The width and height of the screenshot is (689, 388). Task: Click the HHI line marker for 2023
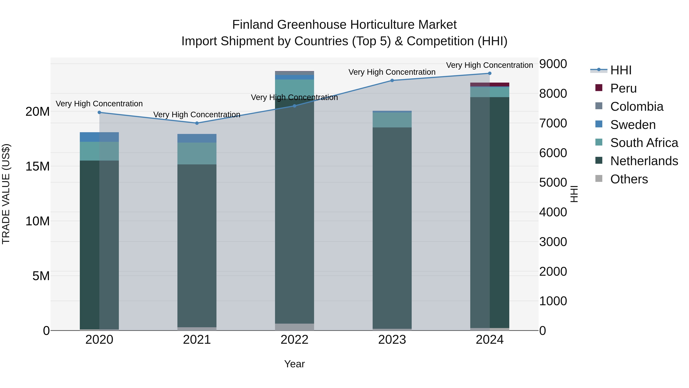coord(392,80)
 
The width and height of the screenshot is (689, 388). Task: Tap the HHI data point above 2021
coord(197,123)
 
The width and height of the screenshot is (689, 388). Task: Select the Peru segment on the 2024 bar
coord(490,85)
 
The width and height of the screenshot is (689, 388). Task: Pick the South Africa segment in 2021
coord(197,153)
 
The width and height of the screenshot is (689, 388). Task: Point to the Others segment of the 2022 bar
coord(295,327)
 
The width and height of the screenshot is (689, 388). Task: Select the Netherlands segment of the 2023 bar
coord(392,228)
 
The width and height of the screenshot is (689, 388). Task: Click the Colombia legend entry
coord(637,107)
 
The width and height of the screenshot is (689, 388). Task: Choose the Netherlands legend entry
coord(644,161)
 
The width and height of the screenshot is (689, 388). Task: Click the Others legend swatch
coord(599,179)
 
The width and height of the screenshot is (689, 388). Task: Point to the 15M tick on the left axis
coord(38,166)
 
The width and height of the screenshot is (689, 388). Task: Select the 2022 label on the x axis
coord(295,340)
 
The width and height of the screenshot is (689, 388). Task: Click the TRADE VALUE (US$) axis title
coord(6,194)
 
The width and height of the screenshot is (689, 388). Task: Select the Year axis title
coord(295,364)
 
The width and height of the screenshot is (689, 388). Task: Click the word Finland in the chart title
coord(253,25)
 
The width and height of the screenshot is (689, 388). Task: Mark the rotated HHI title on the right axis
coord(574,194)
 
